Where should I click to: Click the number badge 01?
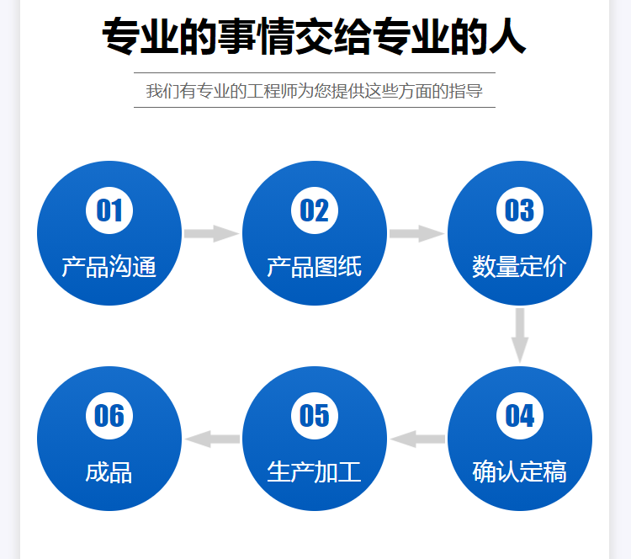pos(109,210)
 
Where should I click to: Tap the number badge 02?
pos(315,210)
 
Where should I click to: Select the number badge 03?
pos(520,210)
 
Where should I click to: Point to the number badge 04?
pos(520,416)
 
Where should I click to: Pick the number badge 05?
pos(315,416)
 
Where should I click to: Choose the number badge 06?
pos(109,416)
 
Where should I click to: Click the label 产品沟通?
pos(109,267)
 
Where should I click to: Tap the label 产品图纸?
pos(315,267)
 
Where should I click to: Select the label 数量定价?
pos(520,267)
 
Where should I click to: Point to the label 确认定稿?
pos(520,471)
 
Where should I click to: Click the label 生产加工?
pos(315,471)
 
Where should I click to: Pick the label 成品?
pos(109,472)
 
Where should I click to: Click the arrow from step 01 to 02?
pos(212,233)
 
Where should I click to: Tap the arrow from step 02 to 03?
pos(417,233)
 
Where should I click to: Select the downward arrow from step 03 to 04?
pos(520,335)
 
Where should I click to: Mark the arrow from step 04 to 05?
pos(417,439)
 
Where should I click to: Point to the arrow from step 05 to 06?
pos(212,439)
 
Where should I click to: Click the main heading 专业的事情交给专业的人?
pos(315,37)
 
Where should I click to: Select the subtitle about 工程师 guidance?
pos(315,91)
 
